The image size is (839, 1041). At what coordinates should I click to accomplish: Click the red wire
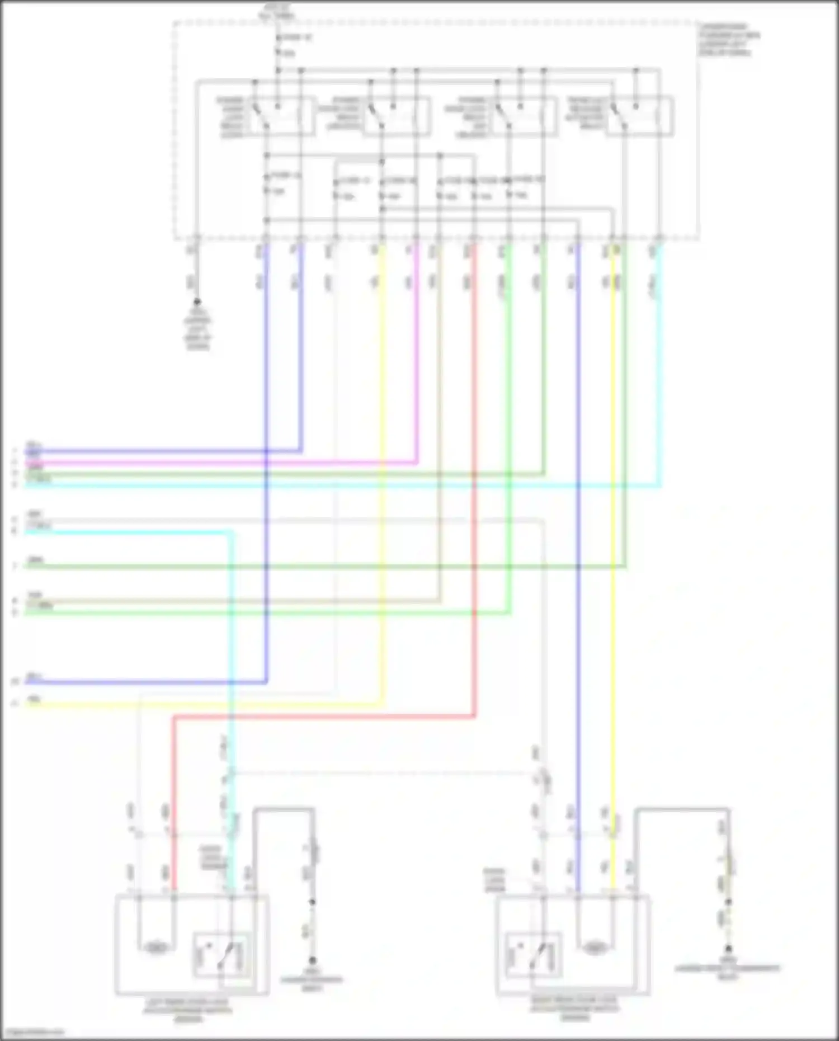(x=474, y=503)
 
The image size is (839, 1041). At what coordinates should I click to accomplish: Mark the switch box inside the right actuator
(x=533, y=955)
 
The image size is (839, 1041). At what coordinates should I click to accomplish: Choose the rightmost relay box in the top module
(x=640, y=116)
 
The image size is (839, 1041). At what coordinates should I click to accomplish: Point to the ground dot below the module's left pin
(x=197, y=302)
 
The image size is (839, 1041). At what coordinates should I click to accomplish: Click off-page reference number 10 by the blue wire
(x=16, y=682)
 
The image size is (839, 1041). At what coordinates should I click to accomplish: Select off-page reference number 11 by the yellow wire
(x=16, y=704)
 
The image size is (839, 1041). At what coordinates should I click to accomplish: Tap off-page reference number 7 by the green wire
(x=16, y=567)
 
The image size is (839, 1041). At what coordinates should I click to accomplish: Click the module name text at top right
(x=727, y=39)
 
